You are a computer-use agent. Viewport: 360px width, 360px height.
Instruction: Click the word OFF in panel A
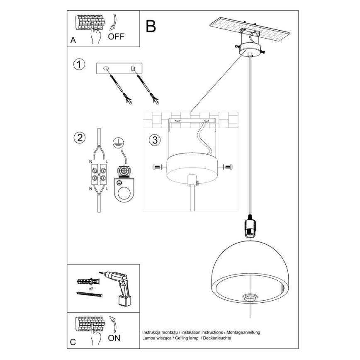click(x=116, y=36)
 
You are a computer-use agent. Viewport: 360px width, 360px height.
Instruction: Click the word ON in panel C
click(x=114, y=338)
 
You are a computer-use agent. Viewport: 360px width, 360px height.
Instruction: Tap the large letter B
click(x=151, y=26)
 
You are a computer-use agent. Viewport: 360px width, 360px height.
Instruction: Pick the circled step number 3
click(x=154, y=140)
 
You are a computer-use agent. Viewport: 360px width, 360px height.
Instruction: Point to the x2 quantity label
click(x=90, y=287)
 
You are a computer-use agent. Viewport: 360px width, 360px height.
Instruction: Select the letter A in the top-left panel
click(x=73, y=41)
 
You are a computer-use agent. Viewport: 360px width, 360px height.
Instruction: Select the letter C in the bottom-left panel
click(x=73, y=343)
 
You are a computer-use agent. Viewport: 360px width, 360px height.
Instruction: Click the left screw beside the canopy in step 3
click(x=156, y=167)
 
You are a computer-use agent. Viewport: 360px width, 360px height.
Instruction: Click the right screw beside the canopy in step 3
click(x=228, y=167)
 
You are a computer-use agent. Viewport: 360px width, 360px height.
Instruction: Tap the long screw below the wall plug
click(x=90, y=294)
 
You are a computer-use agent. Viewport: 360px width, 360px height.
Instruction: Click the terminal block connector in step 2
click(x=98, y=175)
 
